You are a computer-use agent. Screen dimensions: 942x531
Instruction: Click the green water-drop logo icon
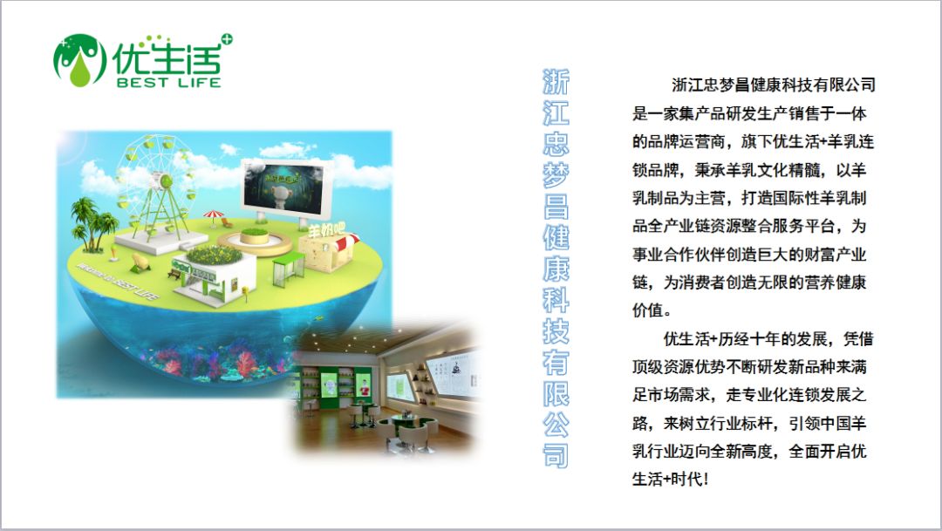(80, 60)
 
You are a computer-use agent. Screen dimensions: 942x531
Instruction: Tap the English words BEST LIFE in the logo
(169, 82)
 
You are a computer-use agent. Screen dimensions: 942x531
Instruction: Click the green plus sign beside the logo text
(227, 39)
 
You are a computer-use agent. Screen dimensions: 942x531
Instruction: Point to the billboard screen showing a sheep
(287, 191)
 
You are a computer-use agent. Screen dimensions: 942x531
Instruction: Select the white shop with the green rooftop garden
(214, 273)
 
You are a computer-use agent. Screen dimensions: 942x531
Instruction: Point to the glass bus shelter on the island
(289, 269)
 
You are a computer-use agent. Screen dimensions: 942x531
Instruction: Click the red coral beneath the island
(246, 364)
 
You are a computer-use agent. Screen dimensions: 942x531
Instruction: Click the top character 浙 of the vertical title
(556, 82)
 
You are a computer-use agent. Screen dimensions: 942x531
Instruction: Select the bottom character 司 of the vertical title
(556, 455)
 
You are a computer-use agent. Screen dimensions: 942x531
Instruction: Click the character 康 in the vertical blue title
(556, 269)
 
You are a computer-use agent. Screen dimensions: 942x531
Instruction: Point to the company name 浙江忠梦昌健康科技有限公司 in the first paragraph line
(773, 85)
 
